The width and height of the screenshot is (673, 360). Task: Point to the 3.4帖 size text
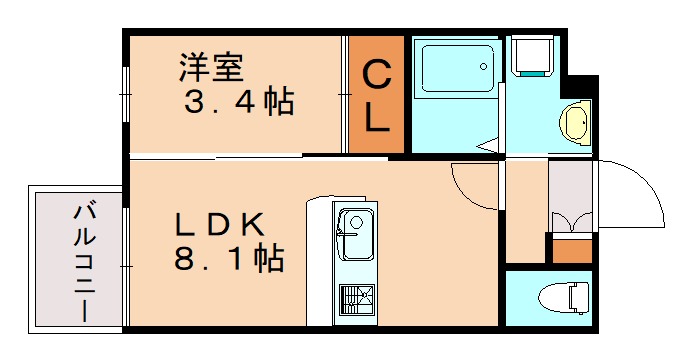238,102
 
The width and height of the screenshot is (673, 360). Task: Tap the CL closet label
376,95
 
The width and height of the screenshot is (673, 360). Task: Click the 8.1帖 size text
229,260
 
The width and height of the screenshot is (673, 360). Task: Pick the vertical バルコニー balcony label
84,259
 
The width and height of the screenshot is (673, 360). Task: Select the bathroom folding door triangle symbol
490,147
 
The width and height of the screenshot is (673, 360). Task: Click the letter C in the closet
376,74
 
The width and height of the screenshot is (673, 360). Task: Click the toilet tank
577,298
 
